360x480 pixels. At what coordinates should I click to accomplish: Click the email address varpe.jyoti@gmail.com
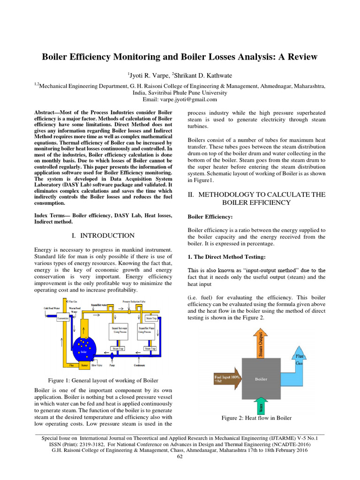(193, 99)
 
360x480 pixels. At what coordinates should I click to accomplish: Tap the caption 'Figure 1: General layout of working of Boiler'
(103, 380)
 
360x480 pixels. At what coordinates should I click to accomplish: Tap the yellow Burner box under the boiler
(85, 364)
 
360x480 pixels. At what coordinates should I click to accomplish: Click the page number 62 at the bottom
(180, 457)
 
